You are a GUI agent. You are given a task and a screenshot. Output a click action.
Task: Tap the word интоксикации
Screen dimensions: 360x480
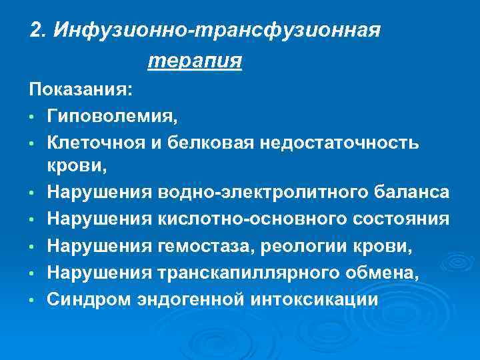[x=315, y=300]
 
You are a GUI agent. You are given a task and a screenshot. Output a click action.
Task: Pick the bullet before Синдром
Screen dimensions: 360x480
[x=32, y=301]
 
